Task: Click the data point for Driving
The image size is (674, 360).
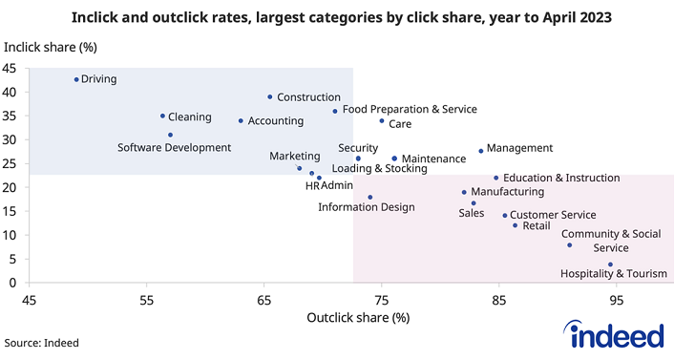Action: (76, 79)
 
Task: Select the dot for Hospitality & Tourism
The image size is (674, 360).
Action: (610, 265)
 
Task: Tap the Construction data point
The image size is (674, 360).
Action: (270, 96)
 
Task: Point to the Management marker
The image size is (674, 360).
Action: (481, 151)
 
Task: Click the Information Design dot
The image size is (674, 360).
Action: (370, 198)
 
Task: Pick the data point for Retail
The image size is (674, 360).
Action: (515, 225)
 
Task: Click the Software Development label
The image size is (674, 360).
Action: (174, 148)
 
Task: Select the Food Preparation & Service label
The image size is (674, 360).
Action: (409, 110)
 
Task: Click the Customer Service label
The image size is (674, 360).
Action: (552, 216)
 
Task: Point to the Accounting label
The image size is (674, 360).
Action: (275, 121)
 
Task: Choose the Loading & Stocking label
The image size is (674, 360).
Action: (379, 168)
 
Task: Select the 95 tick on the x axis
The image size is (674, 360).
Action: (617, 299)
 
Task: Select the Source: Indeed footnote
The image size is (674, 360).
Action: (42, 342)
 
